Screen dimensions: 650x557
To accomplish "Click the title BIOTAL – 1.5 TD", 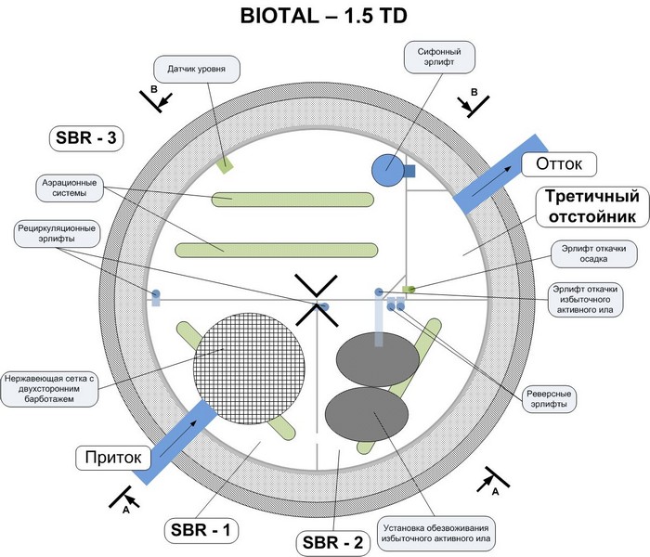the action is tap(324, 16).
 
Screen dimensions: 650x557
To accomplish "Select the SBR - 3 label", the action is tap(86, 137).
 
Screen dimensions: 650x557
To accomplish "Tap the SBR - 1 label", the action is tap(201, 530).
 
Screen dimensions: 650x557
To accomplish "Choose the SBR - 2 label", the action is tap(332, 542).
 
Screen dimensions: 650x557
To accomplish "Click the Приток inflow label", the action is tap(113, 458).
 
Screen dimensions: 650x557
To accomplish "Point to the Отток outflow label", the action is tap(559, 163).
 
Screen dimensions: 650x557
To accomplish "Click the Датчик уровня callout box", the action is tap(197, 69).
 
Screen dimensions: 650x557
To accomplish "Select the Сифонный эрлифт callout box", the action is tap(439, 58).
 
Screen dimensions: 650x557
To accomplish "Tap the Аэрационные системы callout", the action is tap(70, 188).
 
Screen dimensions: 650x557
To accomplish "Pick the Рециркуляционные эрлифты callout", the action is tap(57, 233).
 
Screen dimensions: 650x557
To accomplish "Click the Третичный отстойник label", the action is tap(592, 206).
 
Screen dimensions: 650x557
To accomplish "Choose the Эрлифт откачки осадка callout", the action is tap(593, 253).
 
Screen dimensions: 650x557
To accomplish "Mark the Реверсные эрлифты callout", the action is tap(549, 398).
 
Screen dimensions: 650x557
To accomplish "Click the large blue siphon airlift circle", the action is tap(388, 170).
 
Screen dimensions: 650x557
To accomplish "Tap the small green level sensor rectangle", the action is tap(225, 165).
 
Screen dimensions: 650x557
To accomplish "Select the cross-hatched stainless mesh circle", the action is tap(249, 368).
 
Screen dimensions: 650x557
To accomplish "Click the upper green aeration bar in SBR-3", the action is tap(292, 200).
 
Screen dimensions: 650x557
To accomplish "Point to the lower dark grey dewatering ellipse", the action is tap(367, 414).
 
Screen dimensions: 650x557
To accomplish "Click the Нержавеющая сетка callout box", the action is tap(49, 389).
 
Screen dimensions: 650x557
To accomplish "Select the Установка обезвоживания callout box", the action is tap(436, 533).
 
